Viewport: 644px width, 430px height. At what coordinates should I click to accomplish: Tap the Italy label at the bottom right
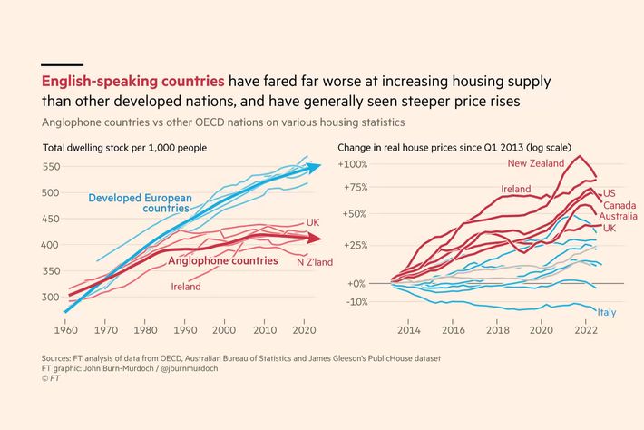(607, 313)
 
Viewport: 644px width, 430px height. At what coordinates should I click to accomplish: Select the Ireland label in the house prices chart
(515, 189)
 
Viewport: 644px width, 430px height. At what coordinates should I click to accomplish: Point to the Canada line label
(620, 205)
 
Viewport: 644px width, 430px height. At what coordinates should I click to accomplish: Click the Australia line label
(619, 216)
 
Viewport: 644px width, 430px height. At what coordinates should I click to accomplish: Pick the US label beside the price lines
(609, 193)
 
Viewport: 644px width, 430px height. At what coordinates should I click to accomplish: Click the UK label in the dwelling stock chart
(312, 222)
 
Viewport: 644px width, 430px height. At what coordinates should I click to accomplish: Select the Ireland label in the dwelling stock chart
(186, 287)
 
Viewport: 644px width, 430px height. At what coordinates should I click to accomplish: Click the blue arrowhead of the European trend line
(315, 167)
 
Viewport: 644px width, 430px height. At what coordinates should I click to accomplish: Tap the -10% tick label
(353, 302)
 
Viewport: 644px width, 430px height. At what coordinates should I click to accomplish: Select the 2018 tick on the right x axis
(496, 331)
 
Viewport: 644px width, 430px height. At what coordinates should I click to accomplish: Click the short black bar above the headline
(62, 64)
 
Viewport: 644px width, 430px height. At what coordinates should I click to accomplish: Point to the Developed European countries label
(140, 202)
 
